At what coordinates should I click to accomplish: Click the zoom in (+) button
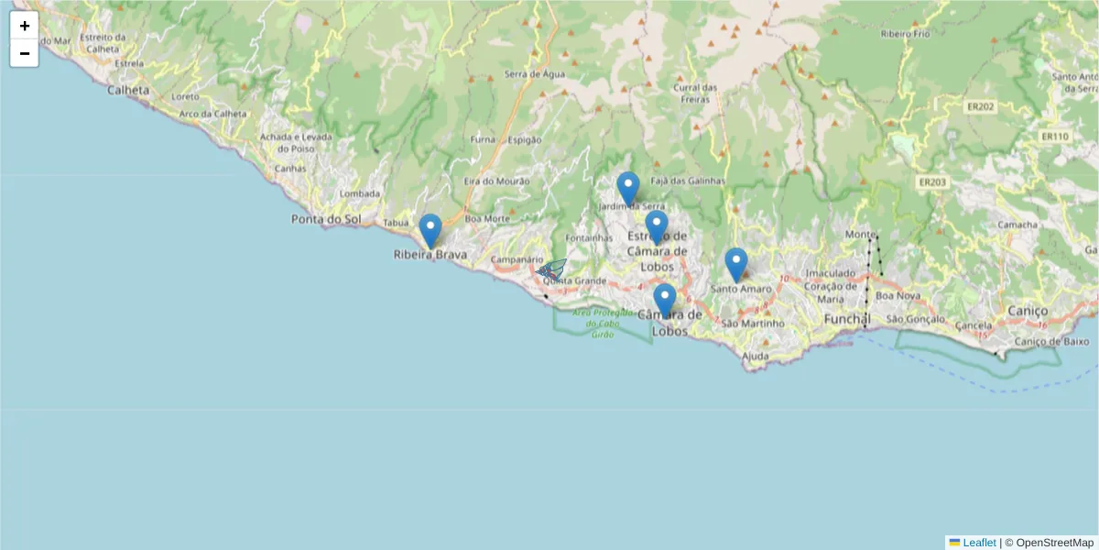coord(24,26)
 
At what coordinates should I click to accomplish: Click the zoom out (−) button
coord(24,53)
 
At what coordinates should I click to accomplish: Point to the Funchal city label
coord(847,318)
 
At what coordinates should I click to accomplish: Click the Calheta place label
coord(128,90)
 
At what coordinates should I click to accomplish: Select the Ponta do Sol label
coord(325,219)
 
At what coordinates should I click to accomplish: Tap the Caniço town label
coord(1027,311)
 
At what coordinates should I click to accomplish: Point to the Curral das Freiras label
coord(695,93)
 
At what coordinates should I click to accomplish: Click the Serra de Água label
coord(535,74)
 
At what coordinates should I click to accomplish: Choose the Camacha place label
coord(1017,225)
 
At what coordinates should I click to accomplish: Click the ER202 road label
coord(981,106)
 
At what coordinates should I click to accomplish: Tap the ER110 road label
coord(1054,137)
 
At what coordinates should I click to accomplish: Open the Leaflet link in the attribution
coord(979,543)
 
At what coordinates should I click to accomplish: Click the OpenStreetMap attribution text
coord(1049,543)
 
